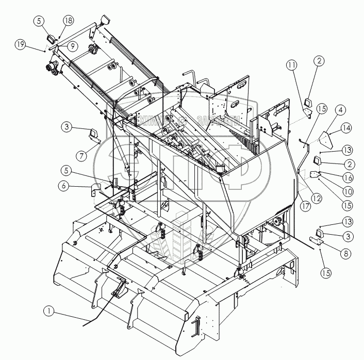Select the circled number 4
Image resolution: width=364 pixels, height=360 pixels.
tap(341, 110)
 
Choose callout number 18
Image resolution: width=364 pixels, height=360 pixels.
tap(69, 20)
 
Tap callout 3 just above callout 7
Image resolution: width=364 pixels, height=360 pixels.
tap(67, 126)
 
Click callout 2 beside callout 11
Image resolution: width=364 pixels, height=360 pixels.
tap(319, 60)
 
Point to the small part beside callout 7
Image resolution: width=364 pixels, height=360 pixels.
tap(94, 136)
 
